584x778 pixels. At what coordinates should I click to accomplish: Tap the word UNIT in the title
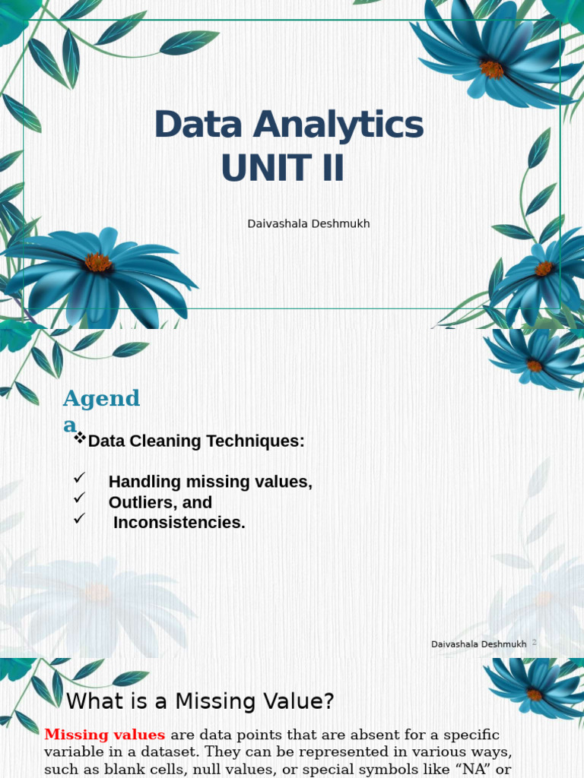click(x=255, y=169)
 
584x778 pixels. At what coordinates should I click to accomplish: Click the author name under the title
click(x=309, y=224)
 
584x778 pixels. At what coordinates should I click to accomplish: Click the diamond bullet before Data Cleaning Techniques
click(x=80, y=438)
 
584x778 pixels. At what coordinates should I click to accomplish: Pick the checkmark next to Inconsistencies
click(x=78, y=519)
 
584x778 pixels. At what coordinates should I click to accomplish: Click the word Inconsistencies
click(x=179, y=523)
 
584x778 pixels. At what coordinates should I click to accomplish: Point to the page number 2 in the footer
click(x=534, y=642)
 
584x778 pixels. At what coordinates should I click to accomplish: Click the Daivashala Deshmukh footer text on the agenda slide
click(x=478, y=644)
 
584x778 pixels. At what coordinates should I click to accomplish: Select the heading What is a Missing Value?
click(x=200, y=701)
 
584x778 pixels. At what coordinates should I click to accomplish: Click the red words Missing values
click(x=104, y=735)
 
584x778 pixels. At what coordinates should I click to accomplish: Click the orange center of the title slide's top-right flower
click(x=492, y=68)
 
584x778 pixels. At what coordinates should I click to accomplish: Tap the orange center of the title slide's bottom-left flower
click(x=98, y=262)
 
